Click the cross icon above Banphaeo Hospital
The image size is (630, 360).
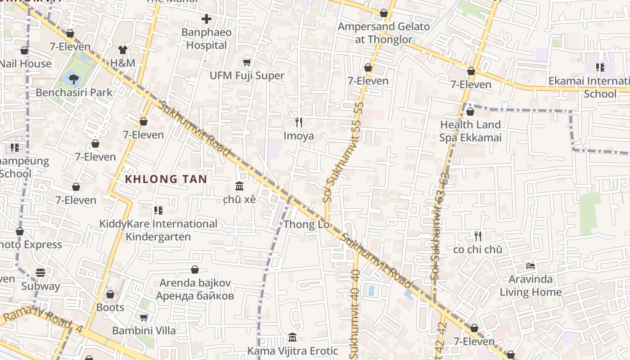[x=207, y=19]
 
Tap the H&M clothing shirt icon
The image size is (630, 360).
[x=123, y=50]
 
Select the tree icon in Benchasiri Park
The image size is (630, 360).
[x=73, y=79]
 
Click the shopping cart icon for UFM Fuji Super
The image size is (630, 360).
[x=247, y=63]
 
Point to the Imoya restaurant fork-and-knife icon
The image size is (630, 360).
[x=298, y=122]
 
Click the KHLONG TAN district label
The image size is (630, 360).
[x=166, y=179]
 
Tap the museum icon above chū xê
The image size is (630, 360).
[x=239, y=186]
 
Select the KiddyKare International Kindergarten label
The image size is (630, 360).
[x=158, y=230]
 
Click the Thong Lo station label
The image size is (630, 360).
[x=306, y=225]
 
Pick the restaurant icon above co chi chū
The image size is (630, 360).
[x=478, y=236]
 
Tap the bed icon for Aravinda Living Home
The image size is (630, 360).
[x=531, y=266]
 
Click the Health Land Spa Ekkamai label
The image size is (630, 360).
[x=470, y=131]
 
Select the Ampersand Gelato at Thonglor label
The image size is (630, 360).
[x=384, y=33]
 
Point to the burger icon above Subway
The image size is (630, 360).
[x=40, y=273]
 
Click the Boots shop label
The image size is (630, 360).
[x=110, y=307]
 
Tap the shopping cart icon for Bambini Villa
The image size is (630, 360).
[x=144, y=318]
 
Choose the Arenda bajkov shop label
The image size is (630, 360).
[x=195, y=289]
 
